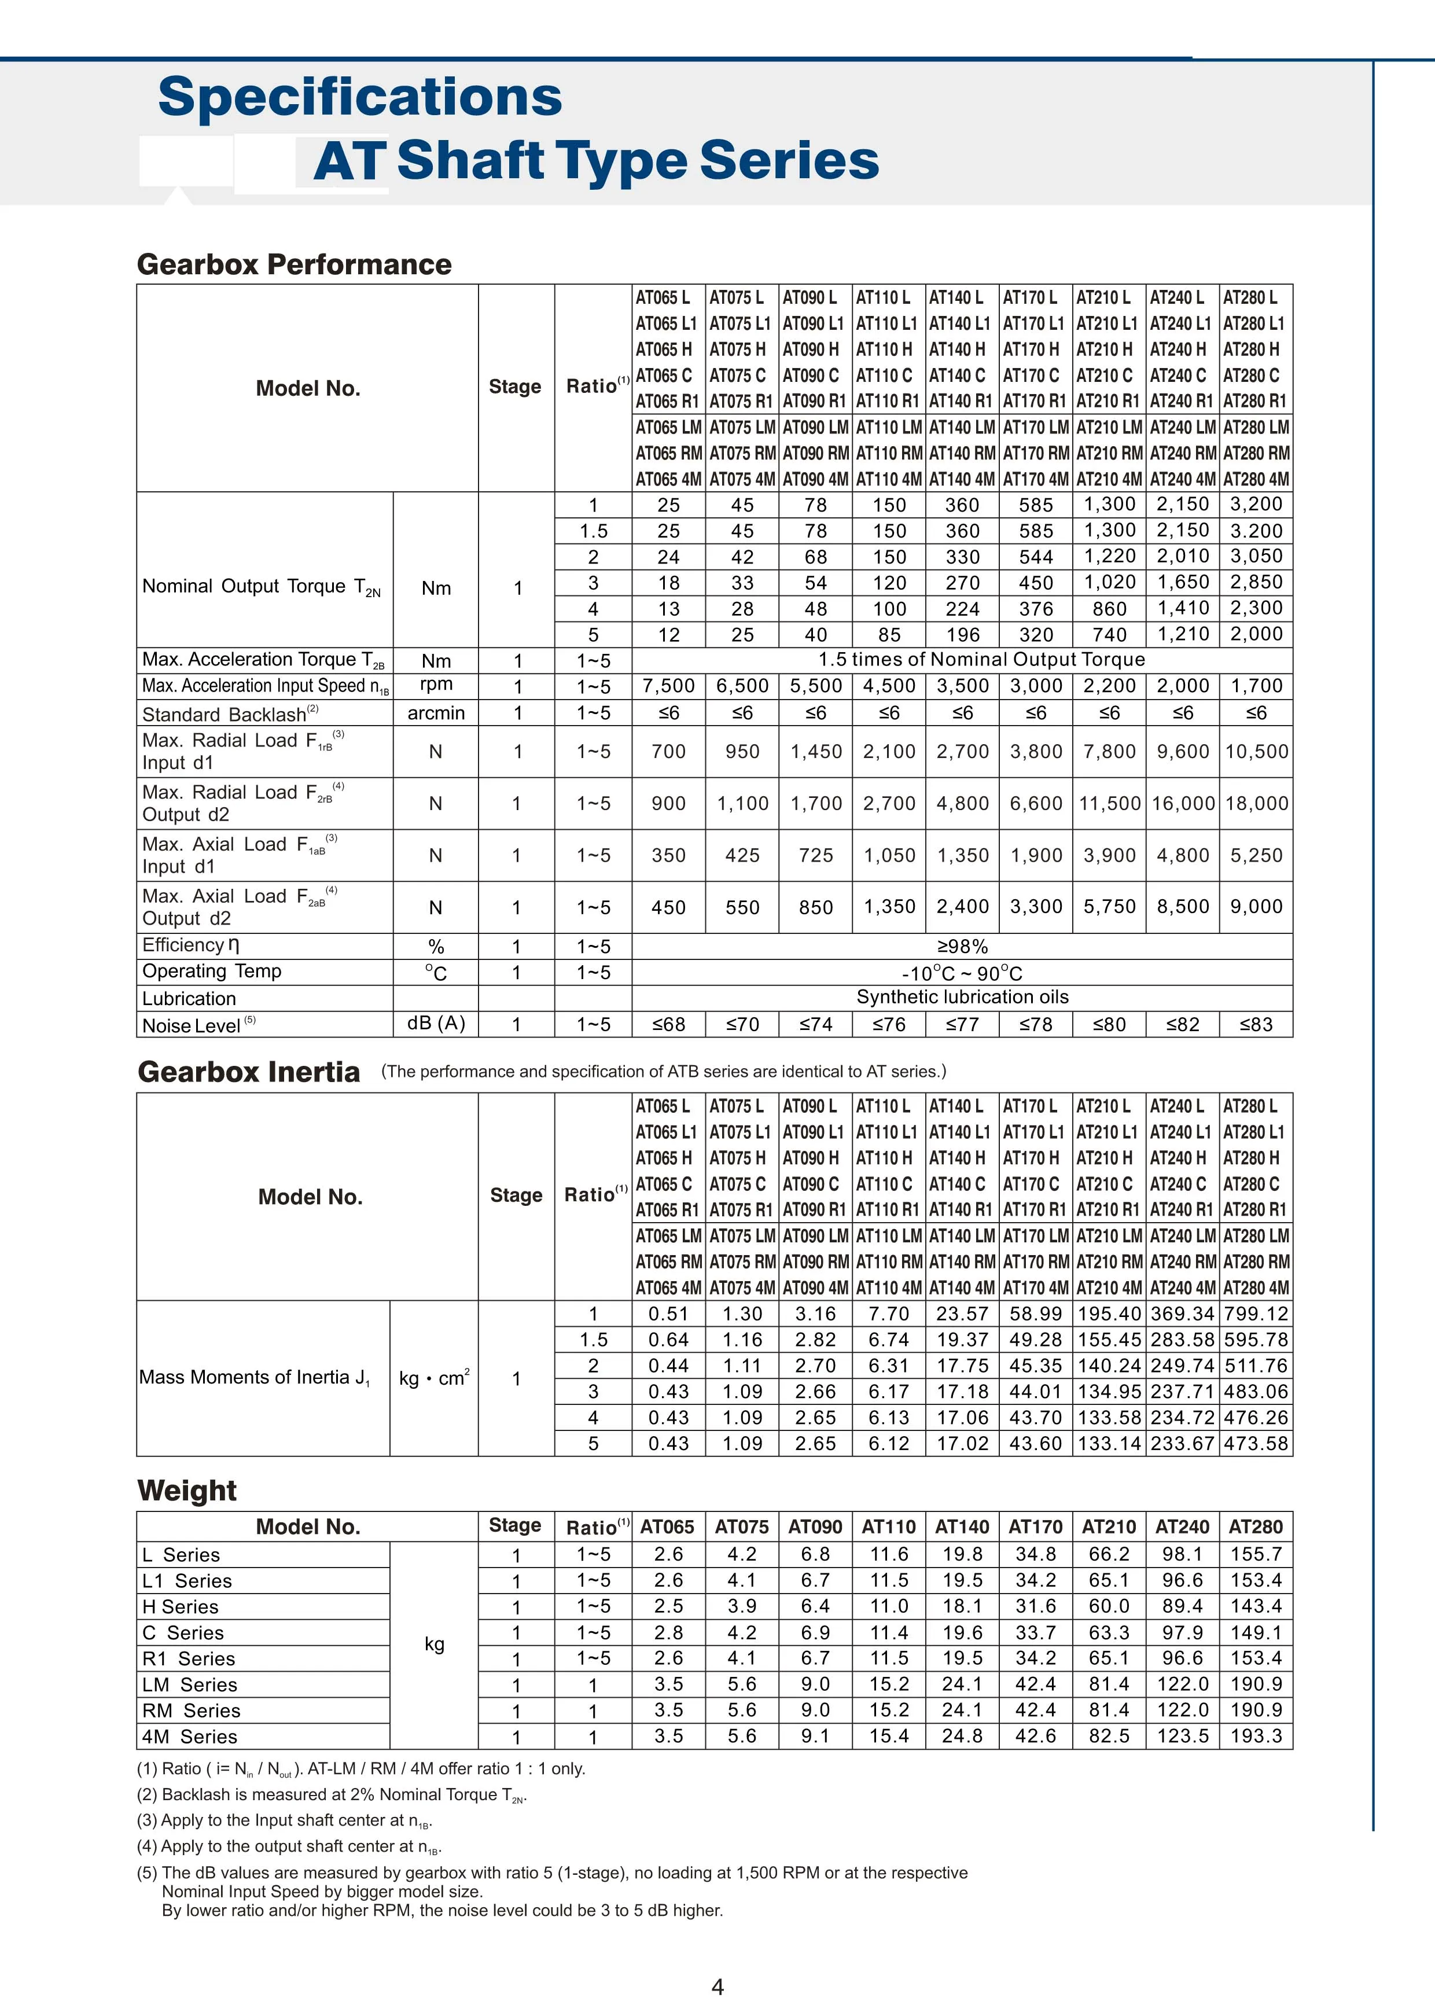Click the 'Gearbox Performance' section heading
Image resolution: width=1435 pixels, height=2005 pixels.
[x=295, y=264]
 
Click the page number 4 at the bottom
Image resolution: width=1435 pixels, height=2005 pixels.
[x=717, y=1987]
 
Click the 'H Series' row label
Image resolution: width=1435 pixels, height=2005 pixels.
[x=181, y=1606]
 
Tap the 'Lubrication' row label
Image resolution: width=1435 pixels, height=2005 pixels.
[x=189, y=999]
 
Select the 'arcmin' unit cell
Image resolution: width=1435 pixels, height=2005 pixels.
[x=436, y=713]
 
